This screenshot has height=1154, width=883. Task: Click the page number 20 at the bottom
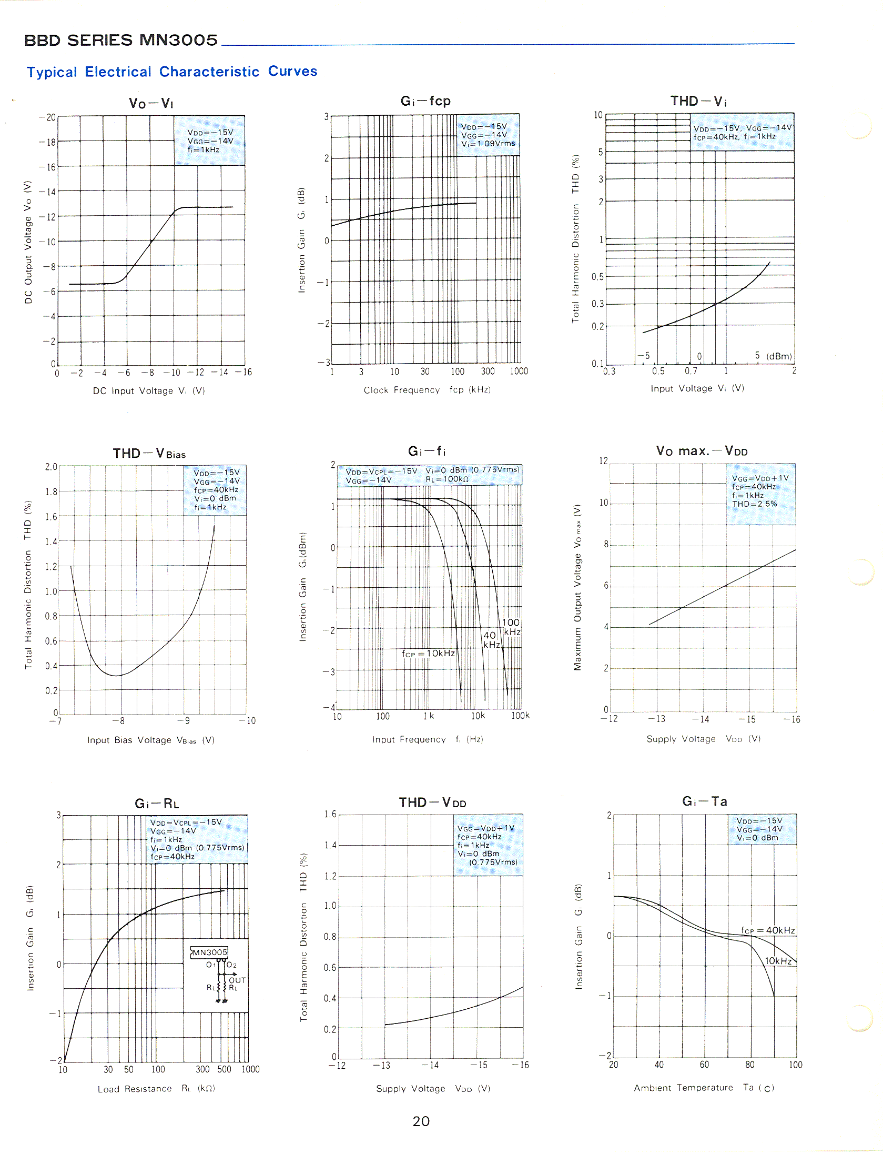point(421,1121)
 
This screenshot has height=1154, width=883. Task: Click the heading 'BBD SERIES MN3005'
point(121,40)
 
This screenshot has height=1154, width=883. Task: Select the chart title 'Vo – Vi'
point(151,103)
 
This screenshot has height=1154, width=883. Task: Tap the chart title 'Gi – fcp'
point(425,101)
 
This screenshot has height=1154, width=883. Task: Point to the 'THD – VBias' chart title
point(149,454)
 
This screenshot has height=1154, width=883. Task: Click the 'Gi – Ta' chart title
point(705,801)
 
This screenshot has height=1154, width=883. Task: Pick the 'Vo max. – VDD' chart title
point(702,451)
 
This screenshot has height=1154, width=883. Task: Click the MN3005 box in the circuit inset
point(209,952)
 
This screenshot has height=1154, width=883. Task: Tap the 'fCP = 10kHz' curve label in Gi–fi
point(428,653)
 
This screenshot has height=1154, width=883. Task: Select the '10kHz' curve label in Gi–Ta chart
point(778,961)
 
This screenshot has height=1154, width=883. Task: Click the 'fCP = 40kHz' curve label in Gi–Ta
point(768,930)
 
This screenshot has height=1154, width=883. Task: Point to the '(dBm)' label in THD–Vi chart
point(779,356)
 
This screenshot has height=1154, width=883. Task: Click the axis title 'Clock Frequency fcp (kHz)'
point(427,390)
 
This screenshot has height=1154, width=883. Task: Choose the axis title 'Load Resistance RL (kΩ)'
point(156,1089)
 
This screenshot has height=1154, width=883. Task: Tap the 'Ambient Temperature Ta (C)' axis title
point(704,1088)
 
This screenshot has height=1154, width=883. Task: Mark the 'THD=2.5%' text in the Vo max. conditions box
point(754,504)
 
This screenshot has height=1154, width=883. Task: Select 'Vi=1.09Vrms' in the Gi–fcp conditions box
point(488,143)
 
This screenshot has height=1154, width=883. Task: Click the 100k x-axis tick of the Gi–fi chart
point(520,716)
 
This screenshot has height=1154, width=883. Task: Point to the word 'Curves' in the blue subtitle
point(292,71)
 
